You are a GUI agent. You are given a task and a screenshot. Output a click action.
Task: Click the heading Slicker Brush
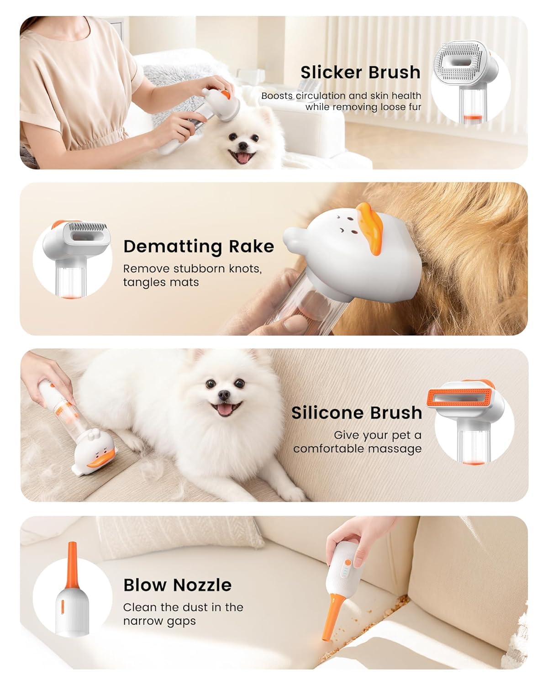coord(360,72)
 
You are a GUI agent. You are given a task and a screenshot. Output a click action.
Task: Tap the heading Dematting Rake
coord(199,246)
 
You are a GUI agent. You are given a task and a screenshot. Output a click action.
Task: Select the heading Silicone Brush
coord(357,412)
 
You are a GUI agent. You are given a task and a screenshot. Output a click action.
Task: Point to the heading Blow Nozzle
coord(177,585)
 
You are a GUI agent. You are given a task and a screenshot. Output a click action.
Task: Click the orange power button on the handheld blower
coord(348,562)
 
